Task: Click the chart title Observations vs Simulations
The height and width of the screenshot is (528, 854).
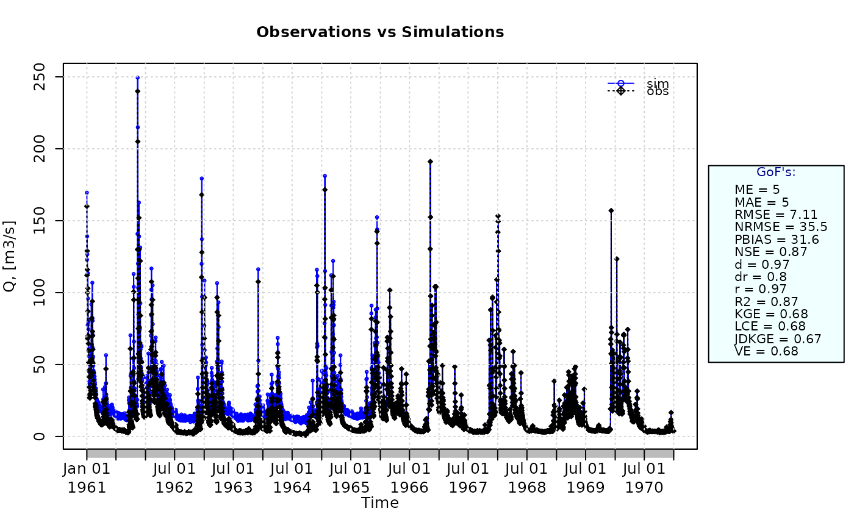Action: [x=380, y=32]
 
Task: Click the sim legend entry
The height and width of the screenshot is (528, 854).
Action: [x=638, y=83]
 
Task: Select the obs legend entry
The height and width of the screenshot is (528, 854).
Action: [x=638, y=91]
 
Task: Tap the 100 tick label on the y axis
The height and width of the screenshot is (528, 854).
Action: [x=39, y=293]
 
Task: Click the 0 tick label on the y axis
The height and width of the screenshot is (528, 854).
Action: [x=39, y=436]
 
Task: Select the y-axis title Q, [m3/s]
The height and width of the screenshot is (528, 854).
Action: [x=10, y=256]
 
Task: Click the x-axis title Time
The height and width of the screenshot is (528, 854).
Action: [x=380, y=503]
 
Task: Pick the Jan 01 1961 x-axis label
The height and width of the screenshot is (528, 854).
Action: [x=87, y=478]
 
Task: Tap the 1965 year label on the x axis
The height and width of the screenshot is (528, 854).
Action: [x=350, y=488]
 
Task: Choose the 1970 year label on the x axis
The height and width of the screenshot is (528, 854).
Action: [x=644, y=488]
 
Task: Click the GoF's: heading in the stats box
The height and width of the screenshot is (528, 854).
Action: [x=776, y=172]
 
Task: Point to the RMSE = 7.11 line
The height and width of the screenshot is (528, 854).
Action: [x=776, y=215]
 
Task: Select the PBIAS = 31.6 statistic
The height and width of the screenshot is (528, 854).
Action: [x=777, y=240]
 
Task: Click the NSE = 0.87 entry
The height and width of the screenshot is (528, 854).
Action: [x=770, y=252]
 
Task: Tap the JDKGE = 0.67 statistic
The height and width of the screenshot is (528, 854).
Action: [x=777, y=338]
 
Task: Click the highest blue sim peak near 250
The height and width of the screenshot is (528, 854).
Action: [x=138, y=77]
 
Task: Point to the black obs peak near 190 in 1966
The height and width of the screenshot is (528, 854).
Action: [x=430, y=162]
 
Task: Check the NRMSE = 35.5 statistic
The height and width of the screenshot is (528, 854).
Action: [x=781, y=227]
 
